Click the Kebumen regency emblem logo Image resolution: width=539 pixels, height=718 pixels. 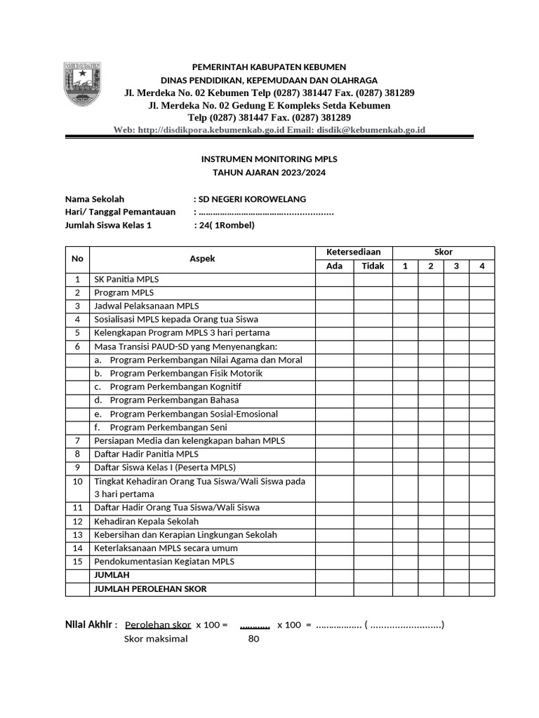coord(83,85)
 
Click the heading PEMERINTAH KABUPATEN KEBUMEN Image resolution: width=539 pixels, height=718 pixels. coord(269,67)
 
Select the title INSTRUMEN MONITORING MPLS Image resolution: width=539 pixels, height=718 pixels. coord(269,159)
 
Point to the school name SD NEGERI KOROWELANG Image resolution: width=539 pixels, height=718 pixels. coord(252,199)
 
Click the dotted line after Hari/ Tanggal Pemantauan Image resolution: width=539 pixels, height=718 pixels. coord(266,212)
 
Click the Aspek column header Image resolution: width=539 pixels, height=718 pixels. coord(202,259)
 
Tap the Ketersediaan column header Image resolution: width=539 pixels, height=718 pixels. coord(353,252)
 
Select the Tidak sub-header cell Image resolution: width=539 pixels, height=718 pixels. coord(373,266)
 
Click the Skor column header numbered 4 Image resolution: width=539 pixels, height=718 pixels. coord(481,266)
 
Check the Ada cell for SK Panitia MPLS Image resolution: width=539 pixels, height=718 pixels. coord(334,279)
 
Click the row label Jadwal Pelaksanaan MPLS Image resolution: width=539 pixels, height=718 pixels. coord(147,306)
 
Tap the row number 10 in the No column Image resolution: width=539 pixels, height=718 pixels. coord(77,481)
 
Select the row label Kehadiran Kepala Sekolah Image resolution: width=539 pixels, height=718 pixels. coord(147,521)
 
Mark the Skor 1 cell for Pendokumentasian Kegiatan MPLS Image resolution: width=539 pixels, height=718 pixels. coord(405,562)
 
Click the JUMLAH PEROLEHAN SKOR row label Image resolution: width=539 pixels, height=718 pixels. coord(150,589)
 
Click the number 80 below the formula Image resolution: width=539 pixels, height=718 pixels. coord(254,639)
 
